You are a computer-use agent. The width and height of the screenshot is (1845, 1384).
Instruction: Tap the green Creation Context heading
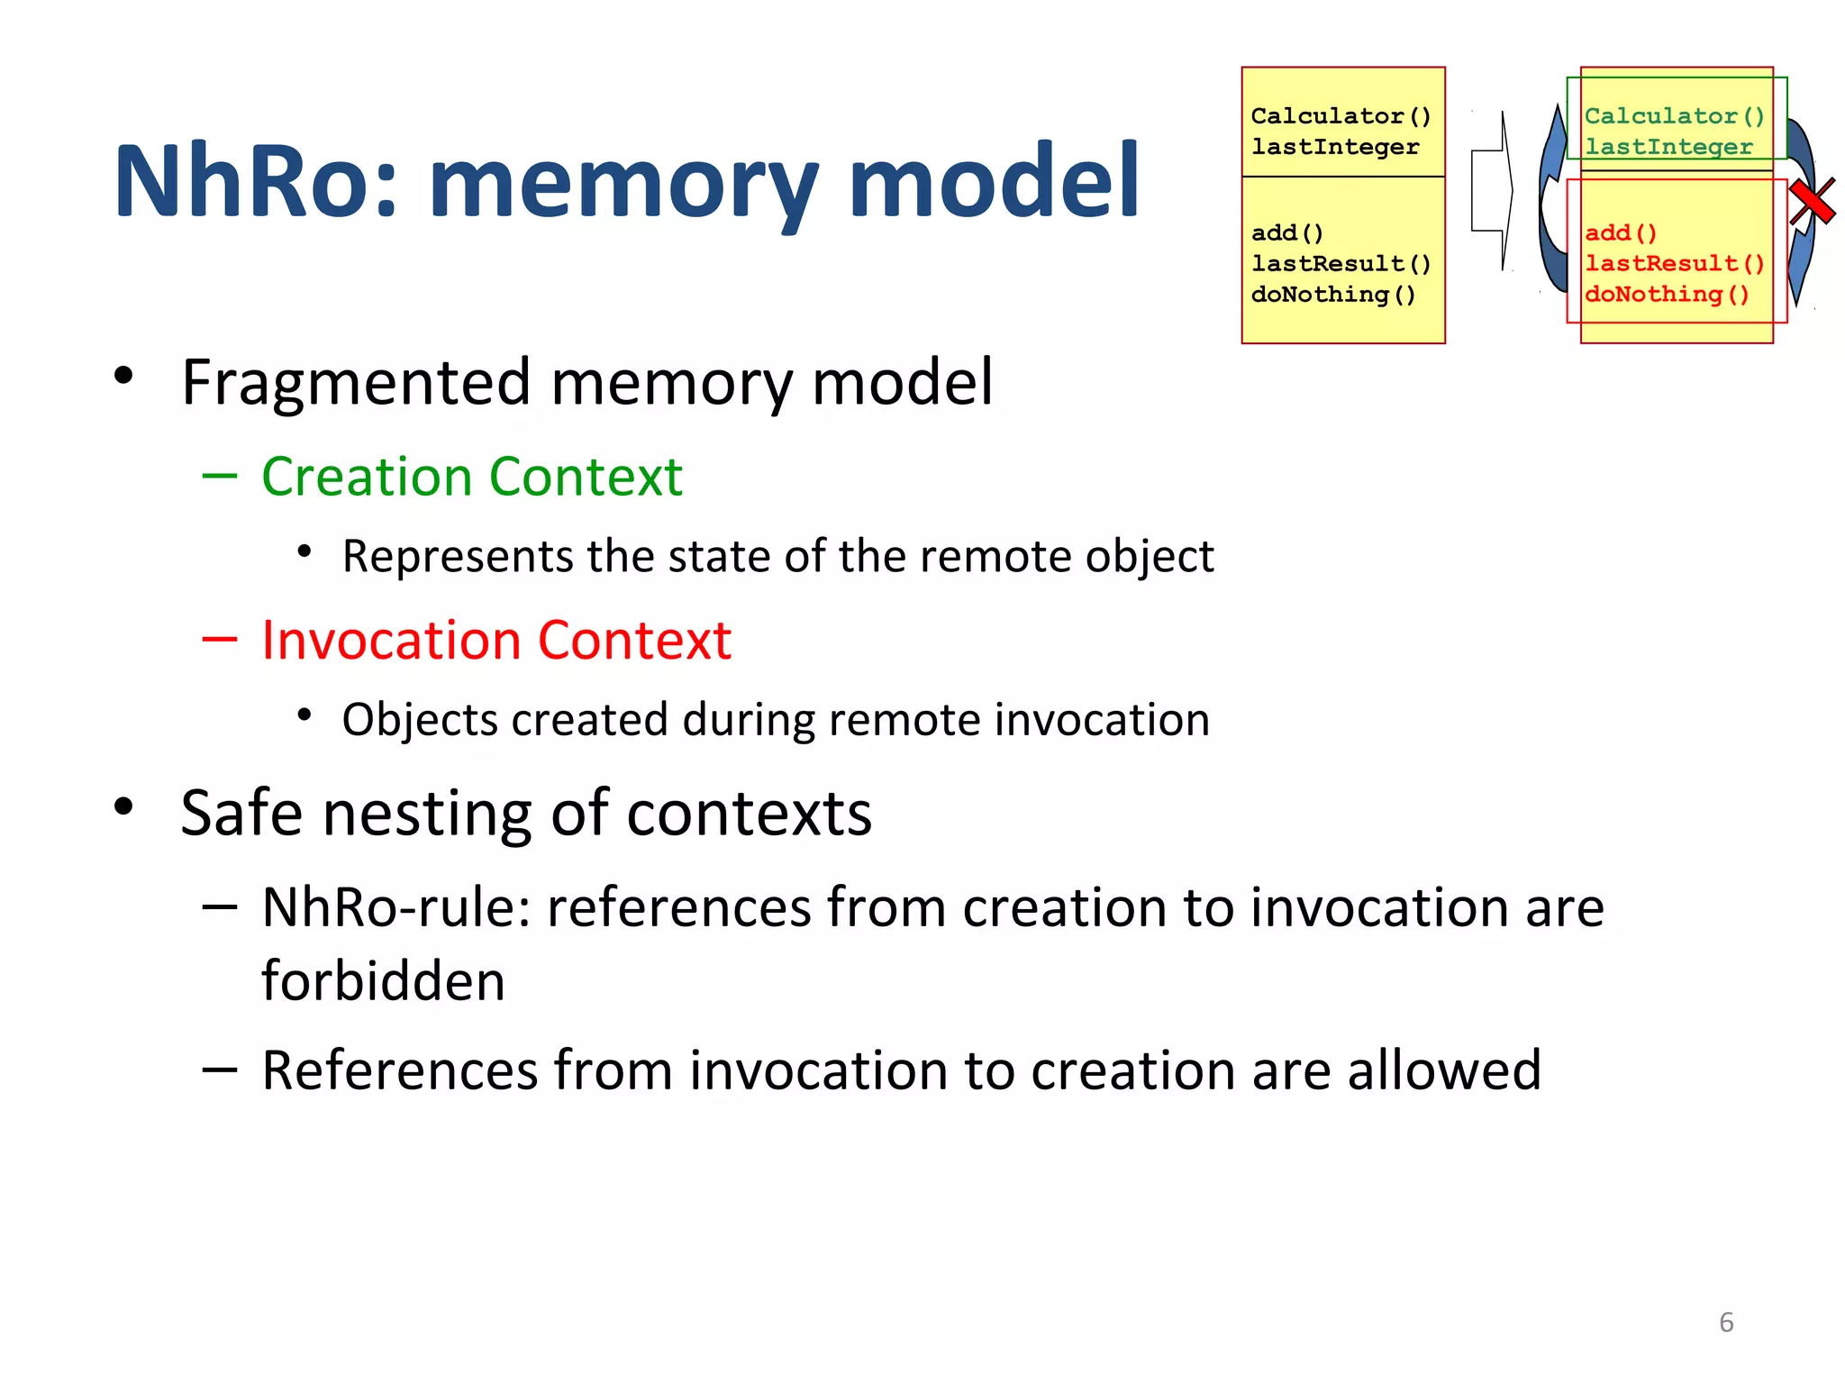pos(471,477)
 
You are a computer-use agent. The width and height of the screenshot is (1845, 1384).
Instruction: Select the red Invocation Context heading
pos(495,641)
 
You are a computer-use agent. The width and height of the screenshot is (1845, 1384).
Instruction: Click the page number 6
pos(1726,1322)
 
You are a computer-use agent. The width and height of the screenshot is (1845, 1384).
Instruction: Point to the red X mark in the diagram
pos(1812,201)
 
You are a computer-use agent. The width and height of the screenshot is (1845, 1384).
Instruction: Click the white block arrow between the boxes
pos(1493,191)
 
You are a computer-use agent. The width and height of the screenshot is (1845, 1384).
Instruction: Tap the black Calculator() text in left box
pos(1340,116)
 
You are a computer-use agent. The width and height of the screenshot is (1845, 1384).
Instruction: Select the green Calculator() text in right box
pos(1674,116)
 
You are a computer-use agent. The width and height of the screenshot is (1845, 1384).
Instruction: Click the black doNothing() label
pos(1333,295)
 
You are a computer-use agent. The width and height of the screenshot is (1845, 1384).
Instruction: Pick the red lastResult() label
pos(1674,263)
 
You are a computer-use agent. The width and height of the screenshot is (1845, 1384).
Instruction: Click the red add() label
pos(1621,232)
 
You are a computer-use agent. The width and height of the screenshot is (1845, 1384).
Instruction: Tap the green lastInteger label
pos(1668,147)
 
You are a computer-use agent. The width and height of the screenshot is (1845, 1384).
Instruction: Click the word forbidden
pos(383,981)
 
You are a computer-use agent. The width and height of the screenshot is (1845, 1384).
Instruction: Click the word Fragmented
pos(356,383)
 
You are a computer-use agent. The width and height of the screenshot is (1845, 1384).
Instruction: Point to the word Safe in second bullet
pos(241,813)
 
